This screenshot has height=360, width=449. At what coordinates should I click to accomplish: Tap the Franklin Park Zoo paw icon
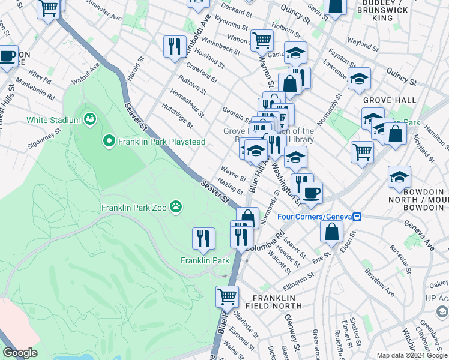tap(175, 207)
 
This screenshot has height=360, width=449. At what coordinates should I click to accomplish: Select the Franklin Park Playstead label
tap(162, 142)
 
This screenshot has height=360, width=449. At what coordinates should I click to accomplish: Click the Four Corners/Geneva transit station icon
tap(357, 217)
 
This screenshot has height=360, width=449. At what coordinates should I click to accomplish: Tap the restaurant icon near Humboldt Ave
tap(175, 46)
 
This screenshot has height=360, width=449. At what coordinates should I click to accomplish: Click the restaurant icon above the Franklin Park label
tap(203, 238)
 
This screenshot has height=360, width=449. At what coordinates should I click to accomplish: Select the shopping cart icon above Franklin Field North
tap(227, 295)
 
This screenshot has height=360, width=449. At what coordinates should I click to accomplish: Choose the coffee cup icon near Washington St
tap(311, 193)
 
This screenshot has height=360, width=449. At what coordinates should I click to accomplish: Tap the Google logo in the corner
tap(20, 353)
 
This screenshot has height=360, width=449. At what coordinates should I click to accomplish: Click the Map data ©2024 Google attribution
tap(412, 355)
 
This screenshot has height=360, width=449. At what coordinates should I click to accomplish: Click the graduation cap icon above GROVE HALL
tap(359, 78)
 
